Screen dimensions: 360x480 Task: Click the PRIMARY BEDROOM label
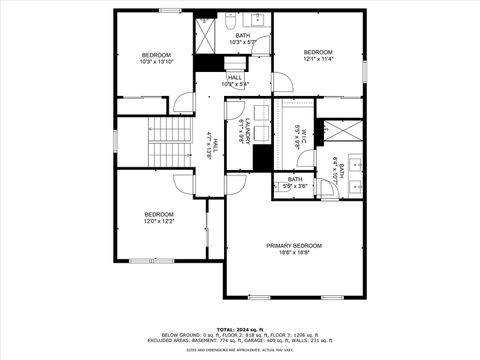click(294, 245)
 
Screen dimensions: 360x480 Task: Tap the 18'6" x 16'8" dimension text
click(294, 254)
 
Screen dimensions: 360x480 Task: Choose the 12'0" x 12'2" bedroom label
click(159, 218)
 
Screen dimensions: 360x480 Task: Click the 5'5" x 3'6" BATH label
click(295, 183)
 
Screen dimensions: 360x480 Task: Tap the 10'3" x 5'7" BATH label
click(243, 39)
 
